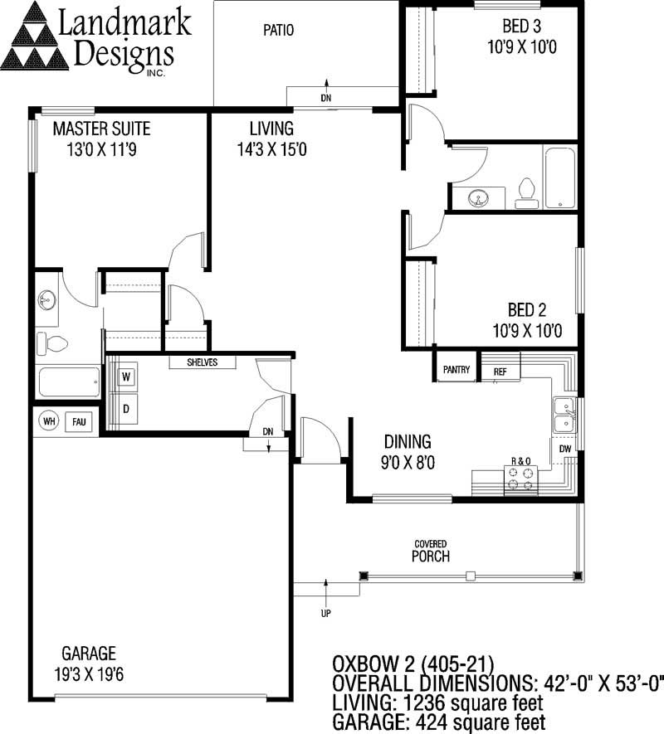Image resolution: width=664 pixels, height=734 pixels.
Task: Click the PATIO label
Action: (278, 31)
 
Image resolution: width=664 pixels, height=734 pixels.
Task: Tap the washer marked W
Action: (125, 377)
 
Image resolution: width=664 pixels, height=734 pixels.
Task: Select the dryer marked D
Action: (125, 409)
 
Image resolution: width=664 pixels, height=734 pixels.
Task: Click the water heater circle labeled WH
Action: (49, 420)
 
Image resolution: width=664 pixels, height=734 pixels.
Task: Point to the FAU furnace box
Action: (79, 422)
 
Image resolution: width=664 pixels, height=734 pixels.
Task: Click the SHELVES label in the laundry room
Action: (202, 362)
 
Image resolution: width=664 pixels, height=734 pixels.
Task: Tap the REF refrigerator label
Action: (500, 372)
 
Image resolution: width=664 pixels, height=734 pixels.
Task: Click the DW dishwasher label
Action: (565, 449)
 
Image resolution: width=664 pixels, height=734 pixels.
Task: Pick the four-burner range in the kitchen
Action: (521, 479)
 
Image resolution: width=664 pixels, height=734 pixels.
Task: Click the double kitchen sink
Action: (564, 416)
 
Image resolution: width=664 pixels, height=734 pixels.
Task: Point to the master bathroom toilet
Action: (52, 343)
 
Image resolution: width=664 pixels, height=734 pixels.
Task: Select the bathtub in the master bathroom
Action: (69, 382)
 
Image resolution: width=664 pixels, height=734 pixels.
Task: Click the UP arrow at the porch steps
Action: (326, 591)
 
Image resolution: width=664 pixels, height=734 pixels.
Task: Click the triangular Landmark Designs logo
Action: (35, 36)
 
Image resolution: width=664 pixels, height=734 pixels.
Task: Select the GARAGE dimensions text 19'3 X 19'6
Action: (89, 674)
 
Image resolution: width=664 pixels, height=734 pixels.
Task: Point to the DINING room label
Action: (408, 441)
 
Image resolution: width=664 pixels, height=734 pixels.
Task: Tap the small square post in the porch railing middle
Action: (471, 576)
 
